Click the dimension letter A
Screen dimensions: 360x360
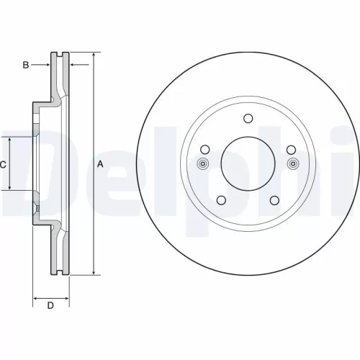pos(100,164)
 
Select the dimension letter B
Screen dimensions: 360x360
pos(25,66)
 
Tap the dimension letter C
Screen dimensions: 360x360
pos(3,164)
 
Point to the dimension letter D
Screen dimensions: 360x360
pos(50,306)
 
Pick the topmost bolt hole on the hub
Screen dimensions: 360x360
pos(248,120)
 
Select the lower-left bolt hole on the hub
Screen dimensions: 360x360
pos(222,199)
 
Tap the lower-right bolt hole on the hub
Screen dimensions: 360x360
pos(274,199)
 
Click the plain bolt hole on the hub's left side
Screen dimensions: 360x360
pos(204,150)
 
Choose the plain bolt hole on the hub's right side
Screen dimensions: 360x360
pos(291,150)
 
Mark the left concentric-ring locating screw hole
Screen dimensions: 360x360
pos(203,163)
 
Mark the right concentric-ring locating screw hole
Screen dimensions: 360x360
pos(292,163)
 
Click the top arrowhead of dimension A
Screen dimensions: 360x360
pos(94,55)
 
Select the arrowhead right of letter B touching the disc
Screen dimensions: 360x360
pos(48,66)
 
